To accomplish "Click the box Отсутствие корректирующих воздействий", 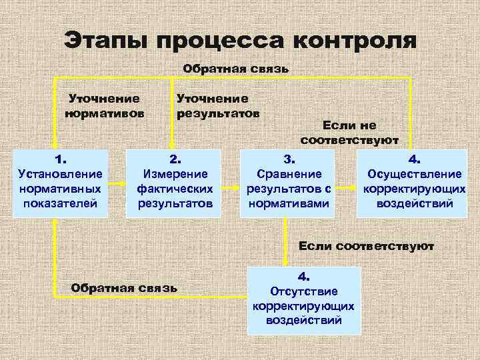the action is pos(303,300).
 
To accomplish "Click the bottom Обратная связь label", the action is pos(124,288).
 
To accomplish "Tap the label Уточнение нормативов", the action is pos(104,105).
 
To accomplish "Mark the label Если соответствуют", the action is pos(366,246).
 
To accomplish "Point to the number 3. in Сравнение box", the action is pos(289,159).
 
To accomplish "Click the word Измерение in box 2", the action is pos(175,174).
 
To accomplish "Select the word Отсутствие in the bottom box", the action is pos(304,291).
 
